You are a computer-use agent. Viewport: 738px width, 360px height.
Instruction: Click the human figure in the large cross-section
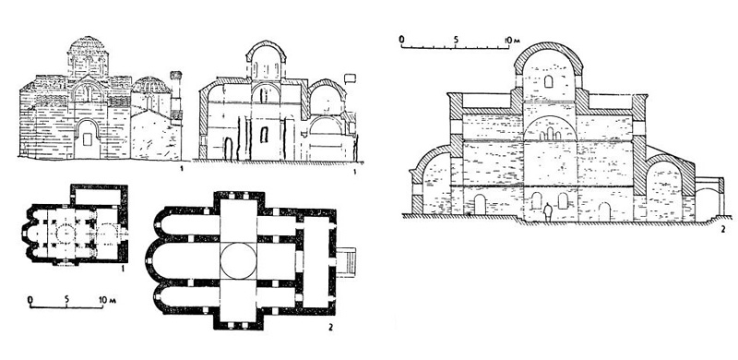[547, 211]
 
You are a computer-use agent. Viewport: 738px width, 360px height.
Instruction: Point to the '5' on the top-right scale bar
[455, 40]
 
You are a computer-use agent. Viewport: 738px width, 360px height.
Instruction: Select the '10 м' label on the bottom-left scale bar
[107, 299]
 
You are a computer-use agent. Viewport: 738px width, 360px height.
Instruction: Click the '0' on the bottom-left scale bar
[30, 299]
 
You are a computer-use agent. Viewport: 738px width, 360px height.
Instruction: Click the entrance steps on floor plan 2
[347, 261]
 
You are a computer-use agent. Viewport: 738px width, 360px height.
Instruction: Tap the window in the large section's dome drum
[548, 81]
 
